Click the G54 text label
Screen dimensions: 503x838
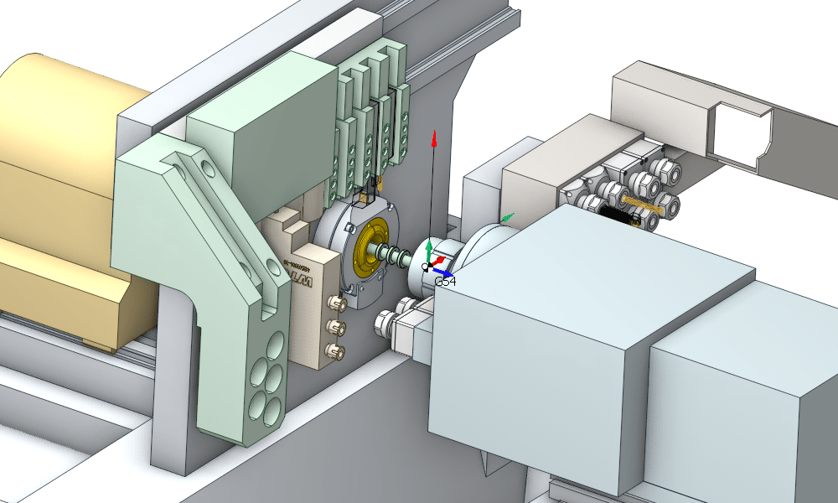click(x=445, y=283)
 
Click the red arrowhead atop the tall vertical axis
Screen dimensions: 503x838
click(x=434, y=140)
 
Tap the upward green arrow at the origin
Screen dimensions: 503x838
click(x=429, y=246)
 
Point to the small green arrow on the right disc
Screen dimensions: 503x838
click(x=508, y=217)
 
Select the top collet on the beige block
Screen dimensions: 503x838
click(x=338, y=302)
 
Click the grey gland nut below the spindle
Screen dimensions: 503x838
click(x=390, y=320)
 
